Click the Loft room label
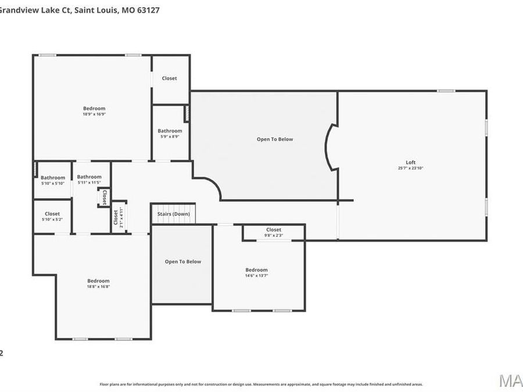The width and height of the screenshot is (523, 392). (410, 162)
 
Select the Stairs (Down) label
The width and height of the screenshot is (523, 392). (174, 214)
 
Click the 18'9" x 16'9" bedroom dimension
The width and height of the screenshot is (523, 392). (94, 114)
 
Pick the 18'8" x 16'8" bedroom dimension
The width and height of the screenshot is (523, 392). (98, 287)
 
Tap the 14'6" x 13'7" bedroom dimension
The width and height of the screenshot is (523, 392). (256, 276)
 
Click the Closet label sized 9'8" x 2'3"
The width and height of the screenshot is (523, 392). (274, 230)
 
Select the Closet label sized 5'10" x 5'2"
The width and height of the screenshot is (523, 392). (52, 214)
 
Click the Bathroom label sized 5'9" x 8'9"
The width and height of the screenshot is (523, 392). (170, 131)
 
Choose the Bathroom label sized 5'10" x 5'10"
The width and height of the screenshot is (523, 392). (53, 178)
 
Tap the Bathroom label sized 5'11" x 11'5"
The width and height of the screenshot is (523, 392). (89, 177)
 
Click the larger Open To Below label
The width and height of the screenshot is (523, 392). (275, 139)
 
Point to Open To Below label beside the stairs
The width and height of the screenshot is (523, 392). (183, 261)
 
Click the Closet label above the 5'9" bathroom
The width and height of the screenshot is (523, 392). (170, 78)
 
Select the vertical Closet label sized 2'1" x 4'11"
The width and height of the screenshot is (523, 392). (116, 217)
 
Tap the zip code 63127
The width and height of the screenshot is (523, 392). (148, 9)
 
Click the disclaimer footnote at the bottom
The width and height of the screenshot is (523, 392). (261, 384)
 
